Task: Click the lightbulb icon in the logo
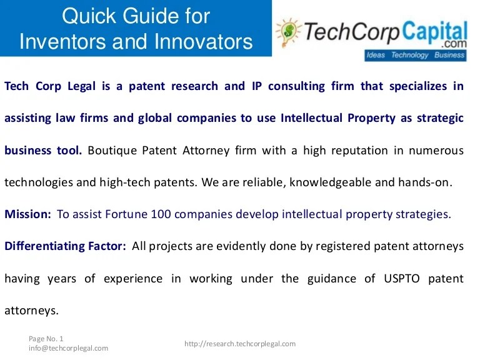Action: tap(288, 32)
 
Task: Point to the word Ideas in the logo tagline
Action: tap(376, 56)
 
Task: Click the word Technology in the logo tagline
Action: tap(409, 56)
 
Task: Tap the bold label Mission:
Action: tap(27, 214)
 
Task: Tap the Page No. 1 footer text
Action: tap(46, 338)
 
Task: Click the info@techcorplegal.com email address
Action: tap(68, 348)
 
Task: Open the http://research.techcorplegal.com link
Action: tap(240, 344)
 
